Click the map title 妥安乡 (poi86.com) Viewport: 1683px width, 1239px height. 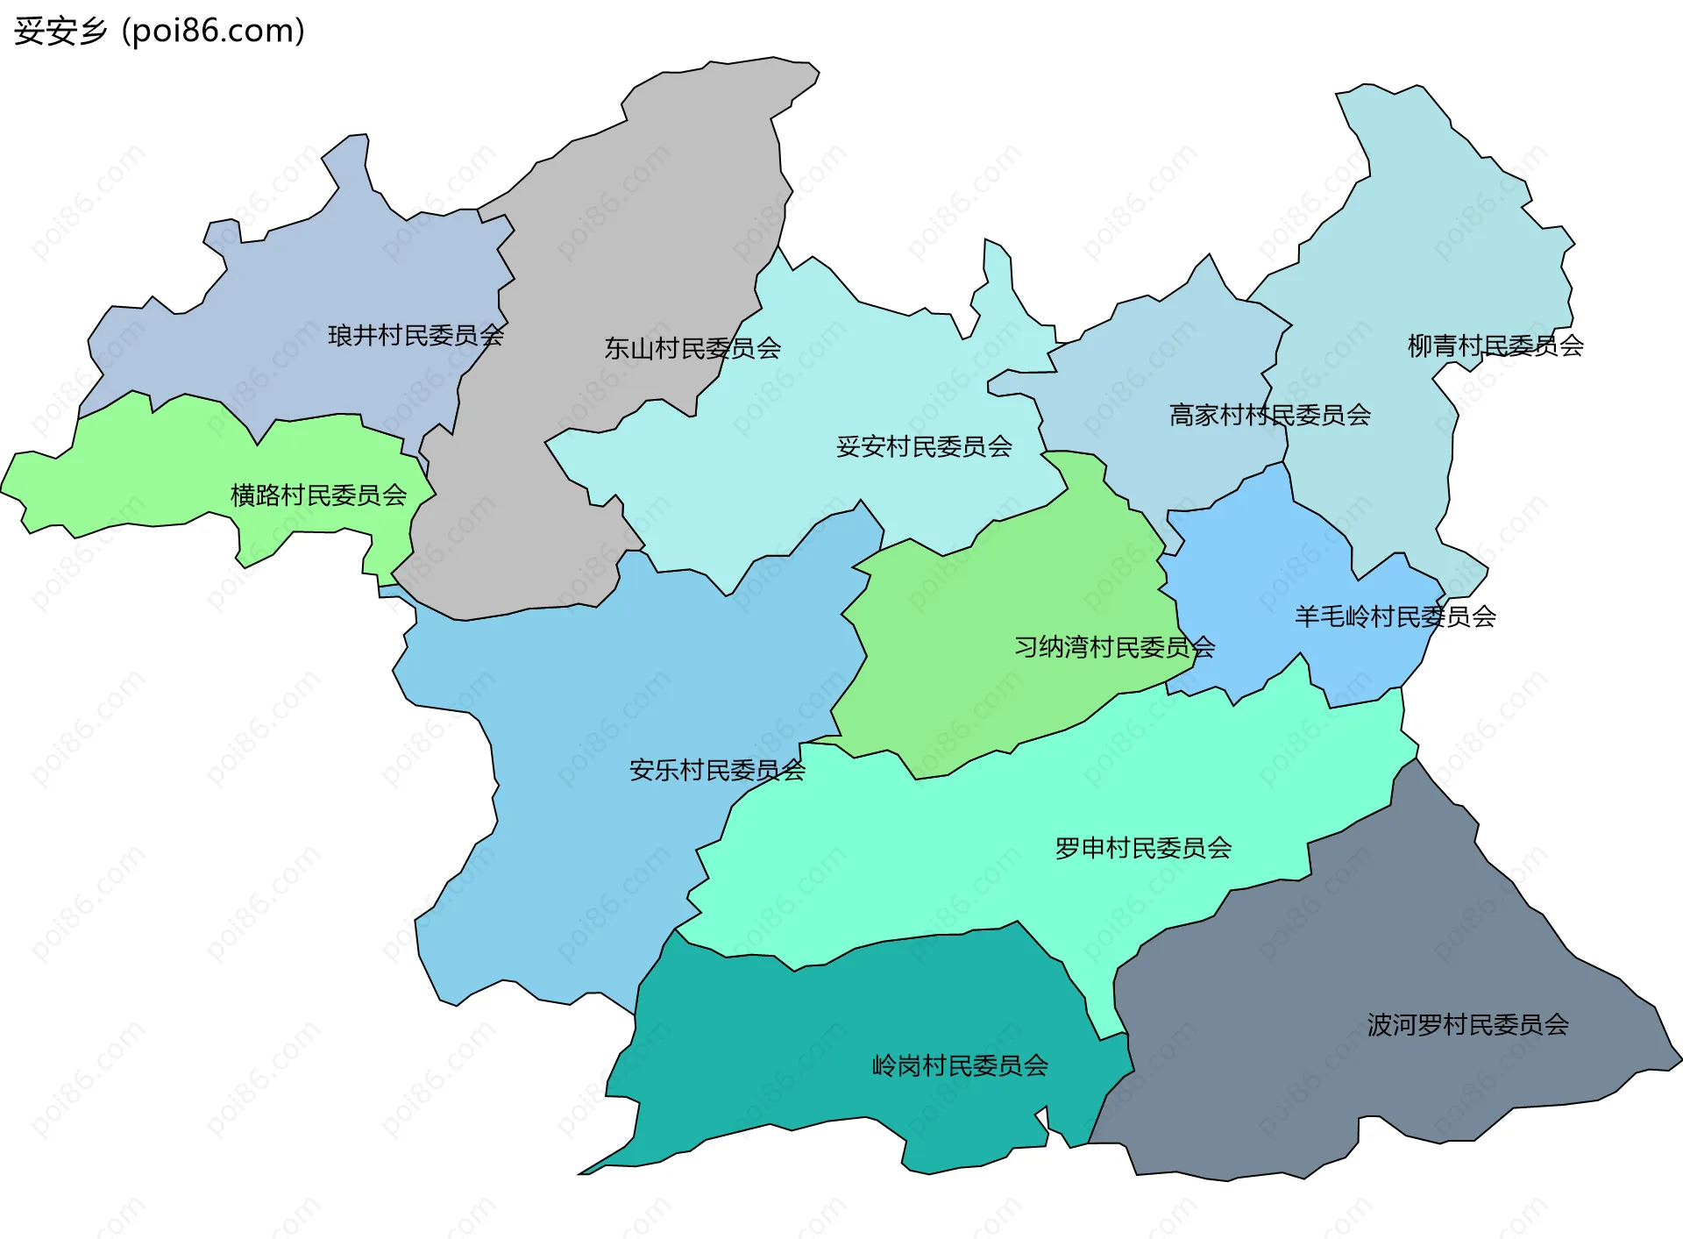(159, 31)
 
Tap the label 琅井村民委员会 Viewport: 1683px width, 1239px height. (415, 335)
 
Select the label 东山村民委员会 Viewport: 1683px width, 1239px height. (692, 348)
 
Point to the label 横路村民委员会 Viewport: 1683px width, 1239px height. (318, 495)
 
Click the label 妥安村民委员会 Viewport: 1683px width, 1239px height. (924, 446)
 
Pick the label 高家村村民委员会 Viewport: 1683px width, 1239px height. (1269, 415)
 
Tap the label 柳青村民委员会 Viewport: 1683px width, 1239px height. (1495, 345)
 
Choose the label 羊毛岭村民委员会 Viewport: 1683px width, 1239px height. (1395, 616)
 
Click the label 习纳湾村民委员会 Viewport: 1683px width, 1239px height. (1114, 647)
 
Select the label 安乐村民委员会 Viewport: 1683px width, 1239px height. (716, 770)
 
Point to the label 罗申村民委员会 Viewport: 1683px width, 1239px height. (1143, 848)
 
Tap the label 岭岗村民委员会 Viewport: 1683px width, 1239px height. (960, 1065)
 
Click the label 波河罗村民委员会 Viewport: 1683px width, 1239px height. (1467, 1024)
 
